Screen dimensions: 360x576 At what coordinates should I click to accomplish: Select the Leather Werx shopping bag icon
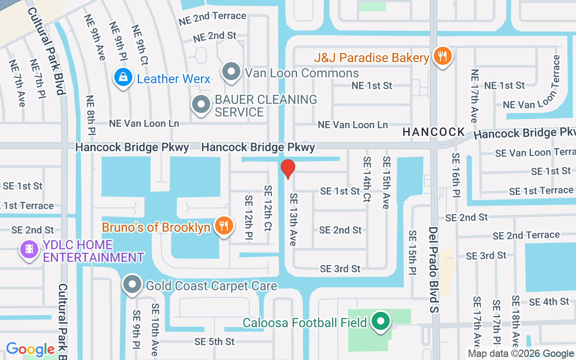coord(123,78)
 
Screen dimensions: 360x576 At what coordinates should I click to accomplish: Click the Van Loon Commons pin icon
coord(232,72)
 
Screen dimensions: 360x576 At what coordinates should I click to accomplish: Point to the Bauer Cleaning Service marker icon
coord(201,105)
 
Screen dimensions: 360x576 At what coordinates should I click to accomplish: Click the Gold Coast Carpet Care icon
coord(132,285)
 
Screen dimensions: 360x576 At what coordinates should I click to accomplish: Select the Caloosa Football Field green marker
coord(381,322)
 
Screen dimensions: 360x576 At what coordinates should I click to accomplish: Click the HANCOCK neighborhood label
coord(434,132)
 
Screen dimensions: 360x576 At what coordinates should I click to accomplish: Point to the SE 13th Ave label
coord(293,220)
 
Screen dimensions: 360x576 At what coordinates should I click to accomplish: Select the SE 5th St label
coord(215,342)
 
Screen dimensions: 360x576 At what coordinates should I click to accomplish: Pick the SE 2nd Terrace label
coord(526,235)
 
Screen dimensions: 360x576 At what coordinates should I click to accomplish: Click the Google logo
coord(30,349)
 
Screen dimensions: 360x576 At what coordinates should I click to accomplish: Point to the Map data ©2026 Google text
coord(521,354)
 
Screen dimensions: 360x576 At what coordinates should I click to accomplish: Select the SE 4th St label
coord(549,302)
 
